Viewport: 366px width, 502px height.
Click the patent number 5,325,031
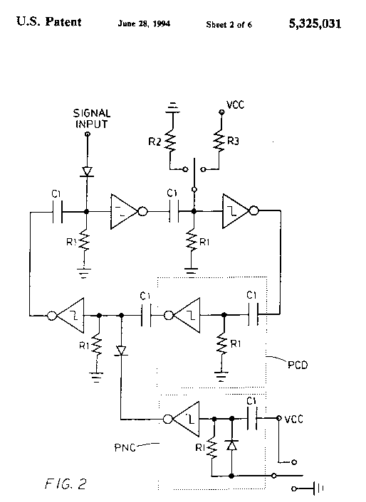point(315,23)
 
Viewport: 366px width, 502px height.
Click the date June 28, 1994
point(144,23)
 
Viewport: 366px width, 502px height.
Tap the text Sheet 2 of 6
point(229,25)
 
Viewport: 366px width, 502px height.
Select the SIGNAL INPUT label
point(92,119)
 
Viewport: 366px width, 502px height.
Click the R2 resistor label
point(155,141)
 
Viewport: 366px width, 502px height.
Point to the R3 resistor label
point(233,141)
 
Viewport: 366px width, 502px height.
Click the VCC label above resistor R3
point(235,105)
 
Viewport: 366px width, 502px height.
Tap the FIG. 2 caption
point(66,484)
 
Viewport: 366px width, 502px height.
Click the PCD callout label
point(298,365)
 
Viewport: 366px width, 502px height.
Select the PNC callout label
point(125,447)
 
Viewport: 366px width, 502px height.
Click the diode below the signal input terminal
point(87,171)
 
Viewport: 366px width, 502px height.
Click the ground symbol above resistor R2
point(173,108)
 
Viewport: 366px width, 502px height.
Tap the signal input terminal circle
point(88,134)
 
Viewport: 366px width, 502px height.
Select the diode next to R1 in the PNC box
point(231,445)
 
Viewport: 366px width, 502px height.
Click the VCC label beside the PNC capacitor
point(293,419)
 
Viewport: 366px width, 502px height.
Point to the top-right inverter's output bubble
point(253,211)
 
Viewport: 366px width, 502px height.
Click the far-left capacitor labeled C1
point(58,212)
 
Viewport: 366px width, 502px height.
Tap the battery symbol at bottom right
point(318,488)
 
